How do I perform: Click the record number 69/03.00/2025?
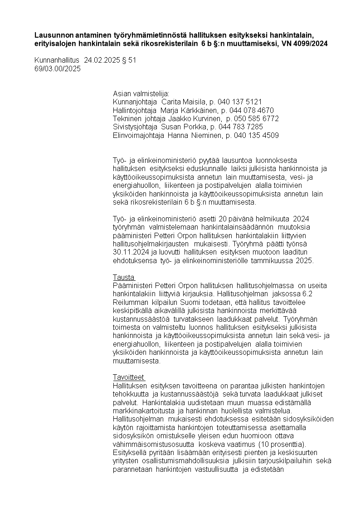tap(58, 69)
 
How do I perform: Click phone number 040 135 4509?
tap(255, 136)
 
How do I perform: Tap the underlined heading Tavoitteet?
tap(128, 377)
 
